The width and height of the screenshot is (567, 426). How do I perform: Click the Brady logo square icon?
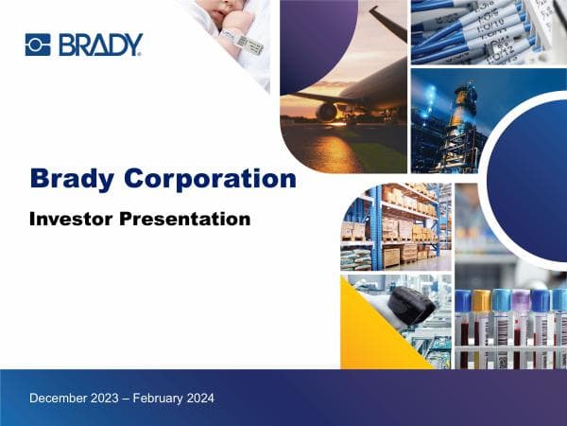click(x=37, y=44)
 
